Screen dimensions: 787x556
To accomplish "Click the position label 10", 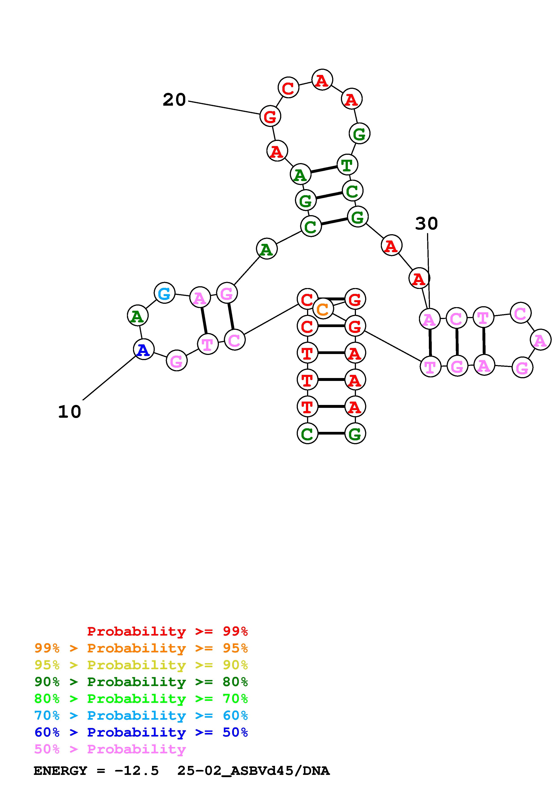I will (70, 412).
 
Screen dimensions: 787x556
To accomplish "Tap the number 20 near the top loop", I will (174, 100).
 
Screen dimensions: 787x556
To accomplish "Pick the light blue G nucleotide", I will (164, 293).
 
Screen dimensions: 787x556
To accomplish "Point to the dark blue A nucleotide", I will (144, 350).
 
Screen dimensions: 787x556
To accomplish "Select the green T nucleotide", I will (347, 165).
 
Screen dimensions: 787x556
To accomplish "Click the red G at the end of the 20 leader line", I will (270, 116).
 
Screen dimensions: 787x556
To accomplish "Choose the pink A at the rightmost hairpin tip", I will (540, 340).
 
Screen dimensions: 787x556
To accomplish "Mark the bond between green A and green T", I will (324, 170).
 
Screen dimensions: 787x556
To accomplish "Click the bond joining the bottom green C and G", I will (331, 433).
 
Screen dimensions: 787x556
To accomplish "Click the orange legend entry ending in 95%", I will (141, 648).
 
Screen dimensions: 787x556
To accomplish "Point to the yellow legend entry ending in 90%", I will (141, 665).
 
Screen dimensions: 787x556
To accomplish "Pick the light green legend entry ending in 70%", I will (141, 699).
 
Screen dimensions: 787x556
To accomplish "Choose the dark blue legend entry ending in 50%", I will (141, 732).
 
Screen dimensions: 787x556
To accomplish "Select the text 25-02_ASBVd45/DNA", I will (253, 771).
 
